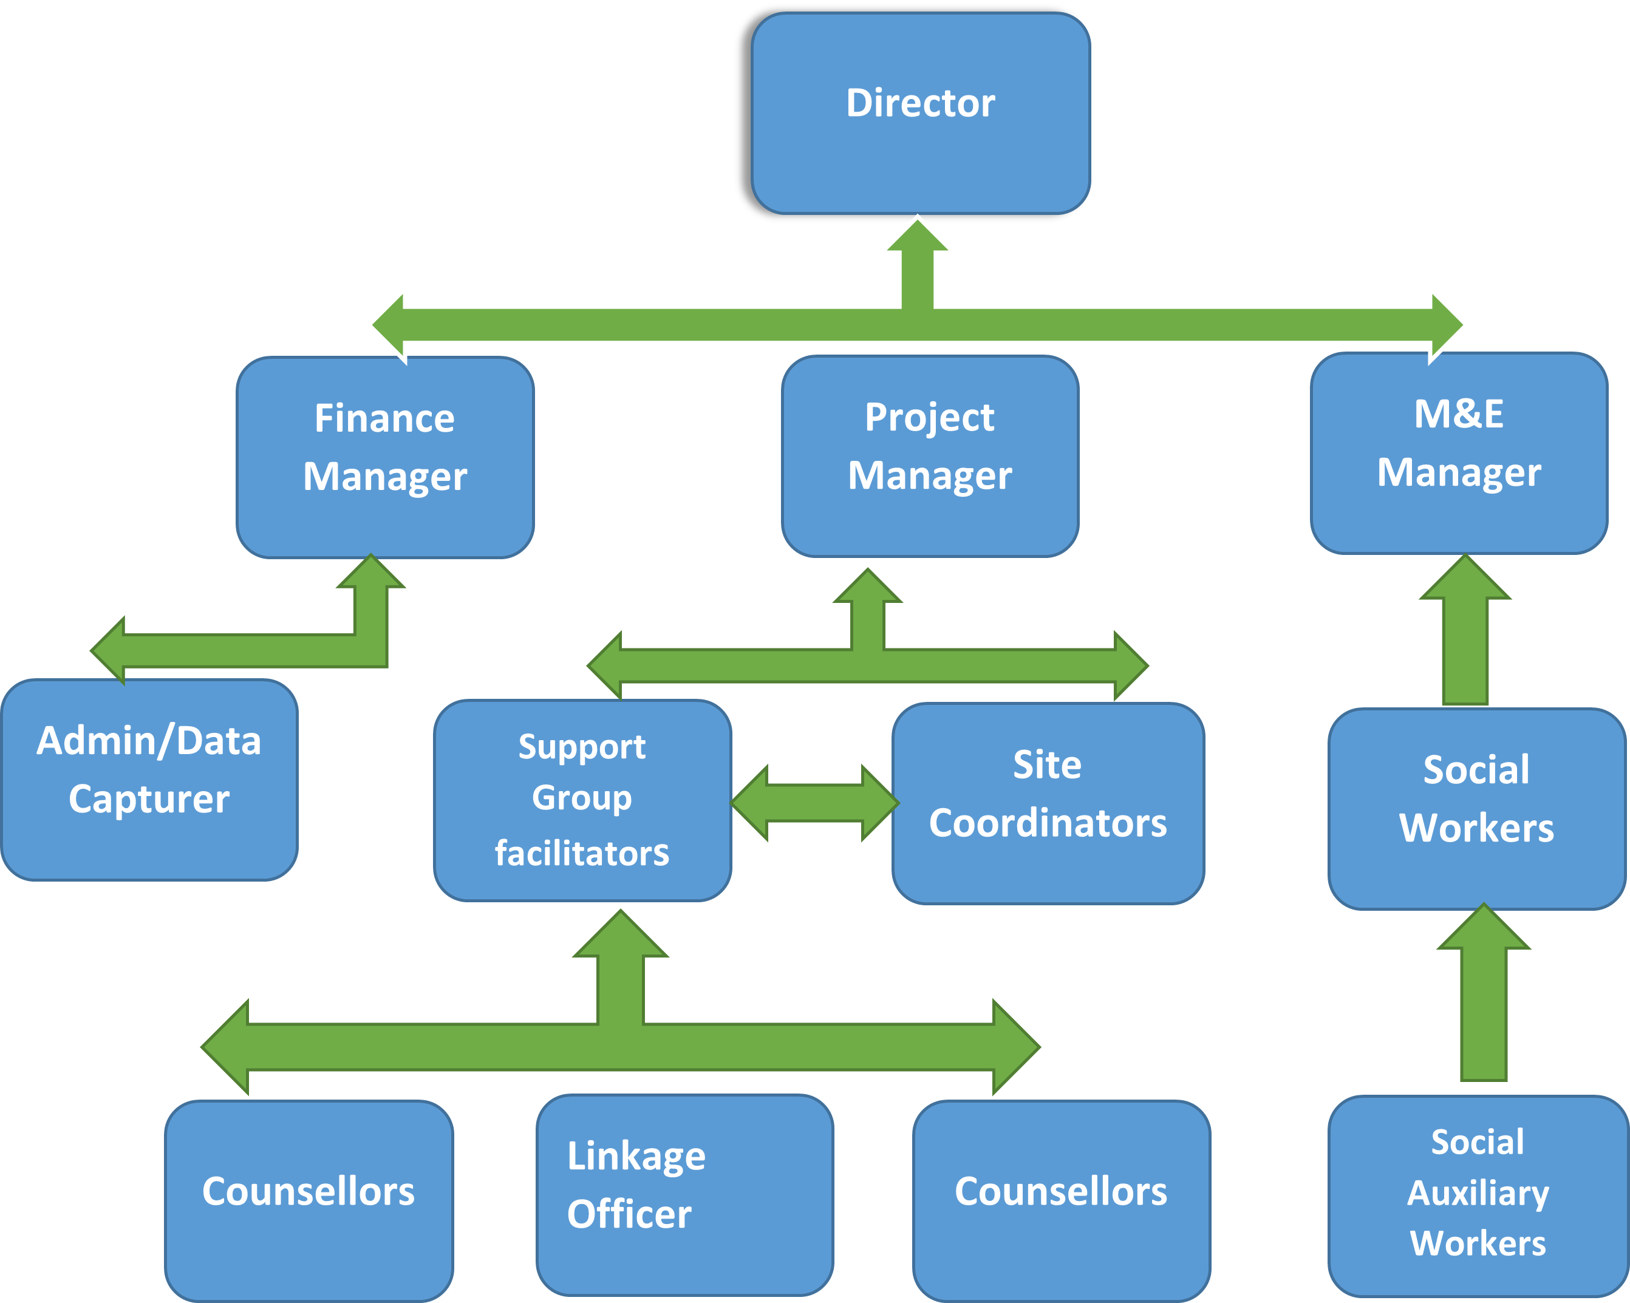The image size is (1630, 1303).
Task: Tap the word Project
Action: pyautogui.click(x=929, y=417)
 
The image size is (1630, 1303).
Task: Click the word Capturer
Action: pyautogui.click(x=149, y=800)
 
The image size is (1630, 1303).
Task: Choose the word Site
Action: pyautogui.click(x=1047, y=765)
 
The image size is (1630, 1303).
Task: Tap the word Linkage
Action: pyautogui.click(x=636, y=1157)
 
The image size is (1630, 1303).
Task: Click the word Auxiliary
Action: pyautogui.click(x=1478, y=1194)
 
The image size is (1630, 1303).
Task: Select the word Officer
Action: pyautogui.click(x=629, y=1214)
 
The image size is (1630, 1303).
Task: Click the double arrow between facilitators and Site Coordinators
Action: pyautogui.click(x=814, y=803)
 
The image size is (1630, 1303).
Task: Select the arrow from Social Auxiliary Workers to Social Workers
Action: pyautogui.click(x=1483, y=998)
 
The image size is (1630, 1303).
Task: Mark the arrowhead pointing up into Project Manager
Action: pyautogui.click(x=868, y=588)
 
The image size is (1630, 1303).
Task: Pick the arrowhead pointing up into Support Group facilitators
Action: pyautogui.click(x=621, y=936)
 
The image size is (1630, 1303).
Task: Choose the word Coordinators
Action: pyautogui.click(x=1047, y=823)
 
